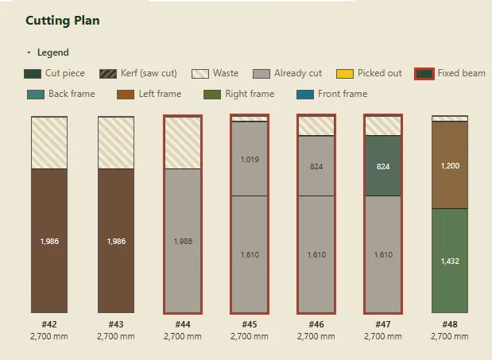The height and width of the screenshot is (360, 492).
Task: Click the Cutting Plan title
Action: click(x=63, y=21)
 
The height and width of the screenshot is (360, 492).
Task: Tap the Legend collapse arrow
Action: click(x=29, y=52)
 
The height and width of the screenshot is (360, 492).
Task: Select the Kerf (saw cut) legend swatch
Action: click(x=108, y=74)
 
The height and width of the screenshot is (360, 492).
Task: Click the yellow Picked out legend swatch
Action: click(x=344, y=74)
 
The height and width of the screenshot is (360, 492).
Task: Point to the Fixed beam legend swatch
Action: click(x=424, y=74)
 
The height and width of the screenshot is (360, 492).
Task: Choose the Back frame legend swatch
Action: click(x=36, y=95)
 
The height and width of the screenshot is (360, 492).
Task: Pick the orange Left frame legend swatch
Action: click(x=126, y=95)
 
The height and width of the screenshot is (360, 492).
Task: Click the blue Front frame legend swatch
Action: click(x=305, y=95)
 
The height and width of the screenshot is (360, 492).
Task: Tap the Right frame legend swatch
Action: click(x=212, y=95)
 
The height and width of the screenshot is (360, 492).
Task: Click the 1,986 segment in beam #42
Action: click(x=49, y=241)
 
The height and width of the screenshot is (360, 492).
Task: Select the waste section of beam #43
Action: click(x=116, y=143)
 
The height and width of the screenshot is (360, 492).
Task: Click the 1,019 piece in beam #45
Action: click(x=250, y=159)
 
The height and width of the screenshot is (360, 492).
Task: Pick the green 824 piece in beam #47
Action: click(x=383, y=166)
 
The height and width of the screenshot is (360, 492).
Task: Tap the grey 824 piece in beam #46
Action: click(x=316, y=166)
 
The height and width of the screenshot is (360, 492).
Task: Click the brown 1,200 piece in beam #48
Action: click(x=450, y=165)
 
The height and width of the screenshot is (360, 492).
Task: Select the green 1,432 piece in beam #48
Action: click(x=450, y=261)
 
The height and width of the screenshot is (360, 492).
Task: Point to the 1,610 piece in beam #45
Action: click(x=250, y=254)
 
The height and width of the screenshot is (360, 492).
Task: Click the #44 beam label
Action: click(x=183, y=324)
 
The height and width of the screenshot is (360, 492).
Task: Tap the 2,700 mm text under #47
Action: click(x=383, y=336)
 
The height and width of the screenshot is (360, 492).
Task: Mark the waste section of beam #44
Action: click(x=183, y=143)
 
